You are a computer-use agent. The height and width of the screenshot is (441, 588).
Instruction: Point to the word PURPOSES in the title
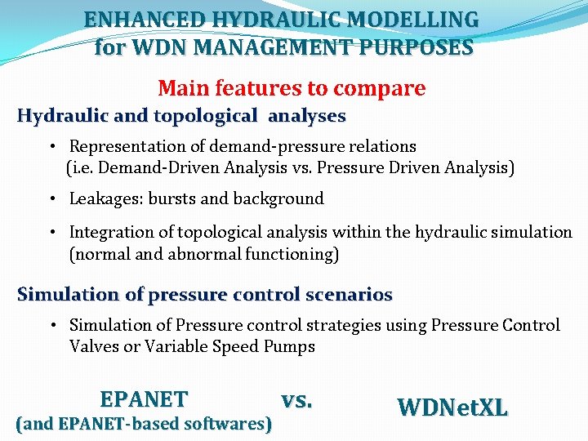coord(423,48)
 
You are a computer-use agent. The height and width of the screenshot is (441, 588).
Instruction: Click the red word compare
coord(385,88)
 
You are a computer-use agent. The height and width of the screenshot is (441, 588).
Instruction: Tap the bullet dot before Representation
coord(51,147)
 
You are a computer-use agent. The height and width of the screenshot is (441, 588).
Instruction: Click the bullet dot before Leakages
coord(51,199)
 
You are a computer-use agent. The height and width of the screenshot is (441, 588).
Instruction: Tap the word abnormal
coord(204,254)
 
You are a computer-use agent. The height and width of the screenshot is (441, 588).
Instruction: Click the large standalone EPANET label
coord(144,399)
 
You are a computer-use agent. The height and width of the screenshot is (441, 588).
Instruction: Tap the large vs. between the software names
coord(296,399)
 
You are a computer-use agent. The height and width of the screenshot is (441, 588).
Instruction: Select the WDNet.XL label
coord(452,407)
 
